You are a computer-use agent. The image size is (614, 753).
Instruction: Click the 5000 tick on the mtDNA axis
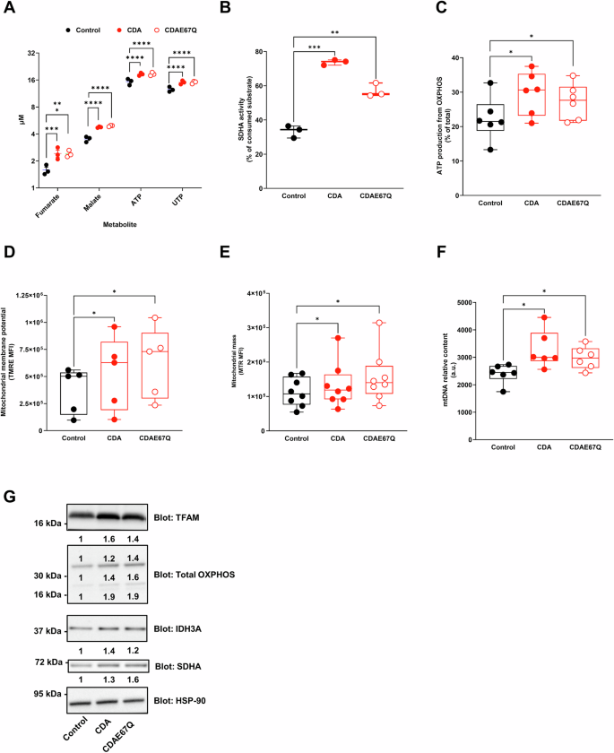479,303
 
